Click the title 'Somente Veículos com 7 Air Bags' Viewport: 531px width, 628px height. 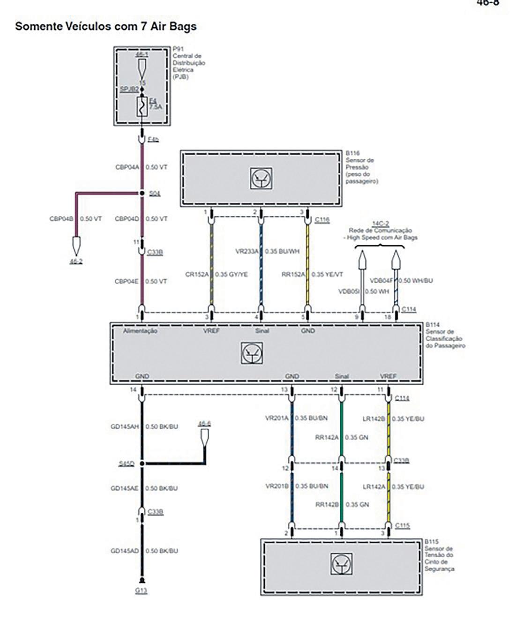(106, 26)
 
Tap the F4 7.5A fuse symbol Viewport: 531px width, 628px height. (142, 107)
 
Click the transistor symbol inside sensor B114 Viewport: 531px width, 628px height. (252, 353)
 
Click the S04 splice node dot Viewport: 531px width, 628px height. (142, 193)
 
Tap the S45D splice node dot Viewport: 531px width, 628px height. (142, 464)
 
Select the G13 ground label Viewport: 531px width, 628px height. (141, 591)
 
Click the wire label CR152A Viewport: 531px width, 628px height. (196, 274)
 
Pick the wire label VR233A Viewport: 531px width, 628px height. (247, 251)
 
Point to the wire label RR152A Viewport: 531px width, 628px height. (293, 274)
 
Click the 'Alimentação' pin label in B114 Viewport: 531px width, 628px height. (140, 331)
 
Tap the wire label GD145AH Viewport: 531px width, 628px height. (125, 427)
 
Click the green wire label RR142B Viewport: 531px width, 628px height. (327, 505)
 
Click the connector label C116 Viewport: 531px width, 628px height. (322, 219)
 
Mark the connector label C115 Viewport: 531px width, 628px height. (402, 526)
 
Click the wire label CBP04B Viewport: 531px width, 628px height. (62, 219)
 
